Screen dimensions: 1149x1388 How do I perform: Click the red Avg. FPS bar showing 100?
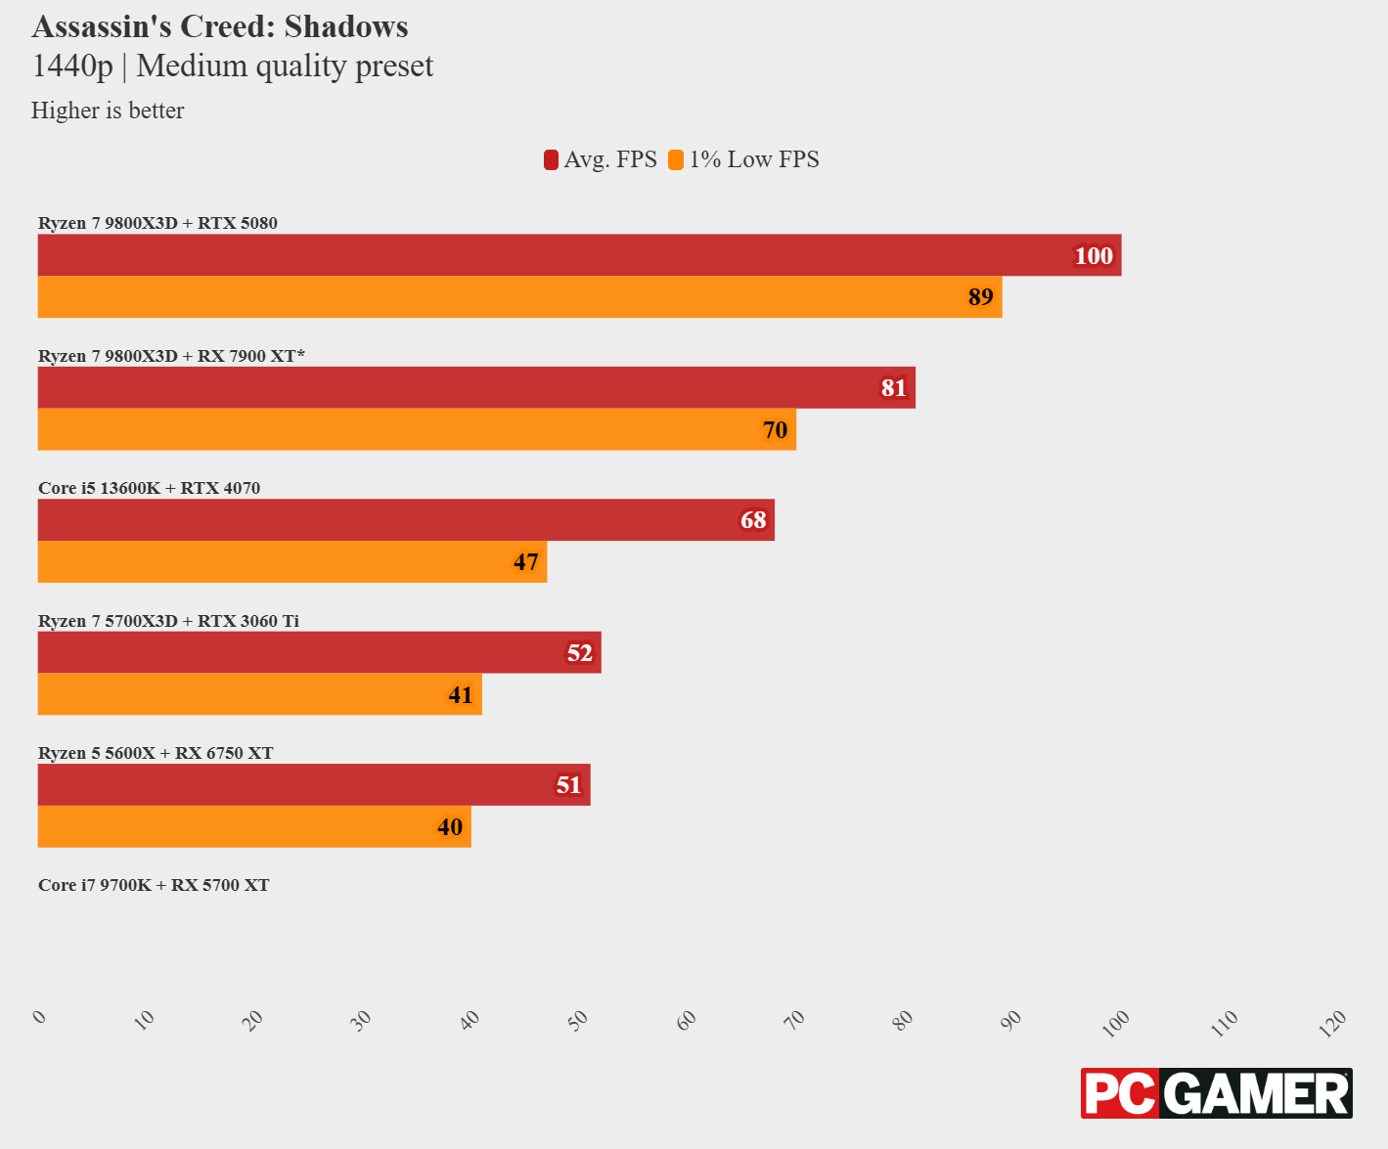pyautogui.click(x=579, y=255)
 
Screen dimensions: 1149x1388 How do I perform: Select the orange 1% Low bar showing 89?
pyautogui.click(x=519, y=297)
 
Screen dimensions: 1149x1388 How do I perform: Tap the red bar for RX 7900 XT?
pyautogui.click(x=476, y=387)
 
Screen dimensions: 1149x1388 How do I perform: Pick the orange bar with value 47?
pyautogui.click(x=291, y=562)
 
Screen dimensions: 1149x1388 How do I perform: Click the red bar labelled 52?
pyautogui.click(x=319, y=652)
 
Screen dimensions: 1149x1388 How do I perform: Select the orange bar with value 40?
pyautogui.click(x=254, y=827)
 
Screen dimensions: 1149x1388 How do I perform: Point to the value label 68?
pyautogui.click(x=753, y=520)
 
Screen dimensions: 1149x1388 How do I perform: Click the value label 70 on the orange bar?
pyautogui.click(x=775, y=430)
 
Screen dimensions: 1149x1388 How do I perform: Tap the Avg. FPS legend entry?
pyautogui.click(x=601, y=159)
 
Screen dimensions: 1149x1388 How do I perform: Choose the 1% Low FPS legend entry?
pyautogui.click(x=744, y=159)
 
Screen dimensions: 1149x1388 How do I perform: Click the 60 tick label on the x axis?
pyautogui.click(x=687, y=1020)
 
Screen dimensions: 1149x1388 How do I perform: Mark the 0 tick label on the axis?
pyautogui.click(x=39, y=1017)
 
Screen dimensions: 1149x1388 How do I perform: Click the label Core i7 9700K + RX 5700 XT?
pyautogui.click(x=154, y=885)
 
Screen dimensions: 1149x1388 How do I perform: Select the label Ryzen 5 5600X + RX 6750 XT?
pyautogui.click(x=156, y=753)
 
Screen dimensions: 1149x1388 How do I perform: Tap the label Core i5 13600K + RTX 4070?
pyautogui.click(x=149, y=488)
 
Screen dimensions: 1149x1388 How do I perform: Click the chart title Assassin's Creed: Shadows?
pyautogui.click(x=220, y=26)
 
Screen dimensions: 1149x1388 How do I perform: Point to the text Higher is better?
pyautogui.click(x=108, y=110)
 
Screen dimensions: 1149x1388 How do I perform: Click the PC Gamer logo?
pyautogui.click(x=1216, y=1093)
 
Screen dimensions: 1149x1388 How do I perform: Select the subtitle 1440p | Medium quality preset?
pyautogui.click(x=233, y=66)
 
